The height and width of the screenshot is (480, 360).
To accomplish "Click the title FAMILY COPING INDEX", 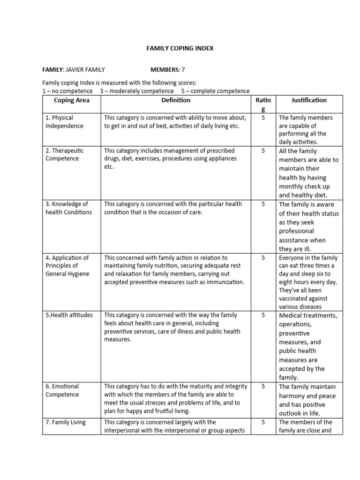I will (180, 48).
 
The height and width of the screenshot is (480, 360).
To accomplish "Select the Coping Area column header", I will (71, 100).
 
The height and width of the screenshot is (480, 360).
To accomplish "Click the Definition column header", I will (176, 100).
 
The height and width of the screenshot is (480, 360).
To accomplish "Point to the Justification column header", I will (309, 100).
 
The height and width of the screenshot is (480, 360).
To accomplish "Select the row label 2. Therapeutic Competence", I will (65, 155).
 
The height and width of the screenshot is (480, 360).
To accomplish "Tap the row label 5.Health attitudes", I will (69, 315).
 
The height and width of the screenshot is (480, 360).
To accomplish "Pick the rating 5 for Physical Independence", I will (263, 118).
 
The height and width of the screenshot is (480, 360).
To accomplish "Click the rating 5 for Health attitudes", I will (263, 315).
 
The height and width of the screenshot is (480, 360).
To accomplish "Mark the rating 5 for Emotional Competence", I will (263, 386).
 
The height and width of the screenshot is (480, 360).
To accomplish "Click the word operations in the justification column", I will (296, 324).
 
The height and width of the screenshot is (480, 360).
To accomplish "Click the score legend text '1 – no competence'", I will (67, 91).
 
